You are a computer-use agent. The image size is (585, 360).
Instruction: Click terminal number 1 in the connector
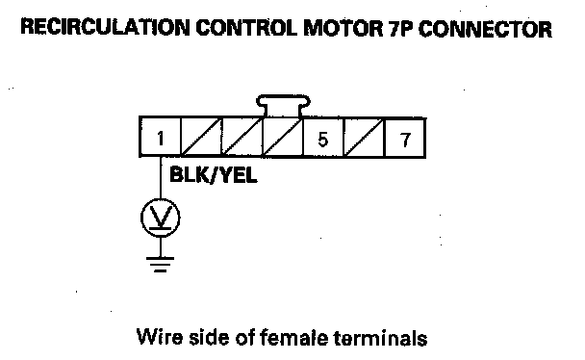160,137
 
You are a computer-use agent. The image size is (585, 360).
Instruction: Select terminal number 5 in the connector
323,137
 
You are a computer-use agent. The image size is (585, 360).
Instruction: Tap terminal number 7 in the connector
405,137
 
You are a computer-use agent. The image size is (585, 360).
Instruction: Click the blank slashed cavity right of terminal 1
201,137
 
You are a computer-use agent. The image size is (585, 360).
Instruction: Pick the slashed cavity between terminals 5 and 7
364,137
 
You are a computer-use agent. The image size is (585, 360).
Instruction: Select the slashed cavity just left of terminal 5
283,137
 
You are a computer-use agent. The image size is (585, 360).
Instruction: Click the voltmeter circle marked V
161,218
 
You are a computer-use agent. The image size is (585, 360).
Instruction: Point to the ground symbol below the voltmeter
161,264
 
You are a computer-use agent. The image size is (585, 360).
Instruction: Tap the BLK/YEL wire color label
213,174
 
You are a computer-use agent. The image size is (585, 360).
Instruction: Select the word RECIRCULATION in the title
105,28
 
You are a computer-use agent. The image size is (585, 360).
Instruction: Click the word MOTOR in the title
343,28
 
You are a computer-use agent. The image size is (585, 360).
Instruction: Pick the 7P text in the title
400,28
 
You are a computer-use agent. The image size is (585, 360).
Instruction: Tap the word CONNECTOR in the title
485,29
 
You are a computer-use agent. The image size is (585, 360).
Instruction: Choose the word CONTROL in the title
246,28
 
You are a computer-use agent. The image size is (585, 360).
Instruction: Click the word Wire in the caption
160,337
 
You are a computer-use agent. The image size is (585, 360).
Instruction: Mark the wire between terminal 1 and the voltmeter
161,177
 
